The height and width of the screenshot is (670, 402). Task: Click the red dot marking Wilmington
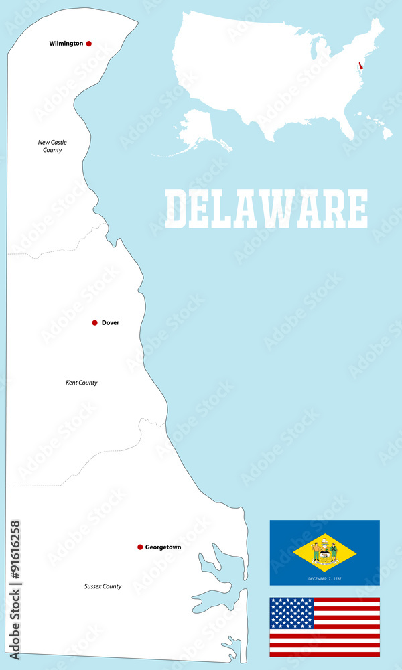tap(89, 44)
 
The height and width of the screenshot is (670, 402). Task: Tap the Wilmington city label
tap(66, 44)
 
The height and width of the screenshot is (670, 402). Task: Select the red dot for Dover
tap(95, 323)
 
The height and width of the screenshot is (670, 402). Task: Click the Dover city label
tap(111, 323)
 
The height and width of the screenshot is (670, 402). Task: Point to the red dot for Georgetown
tap(140, 547)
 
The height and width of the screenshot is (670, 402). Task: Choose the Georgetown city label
tap(163, 547)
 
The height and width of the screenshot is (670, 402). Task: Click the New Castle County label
tap(52, 146)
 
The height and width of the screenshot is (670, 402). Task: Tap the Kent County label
tap(81, 383)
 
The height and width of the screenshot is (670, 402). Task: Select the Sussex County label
tap(103, 586)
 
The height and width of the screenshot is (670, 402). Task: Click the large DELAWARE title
tap(266, 208)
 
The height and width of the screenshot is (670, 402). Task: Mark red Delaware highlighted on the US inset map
tap(361, 65)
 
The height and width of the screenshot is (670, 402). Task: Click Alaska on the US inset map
tap(196, 129)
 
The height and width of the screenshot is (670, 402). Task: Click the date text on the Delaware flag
tap(325, 578)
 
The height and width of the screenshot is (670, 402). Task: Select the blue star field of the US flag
tap(291, 613)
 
